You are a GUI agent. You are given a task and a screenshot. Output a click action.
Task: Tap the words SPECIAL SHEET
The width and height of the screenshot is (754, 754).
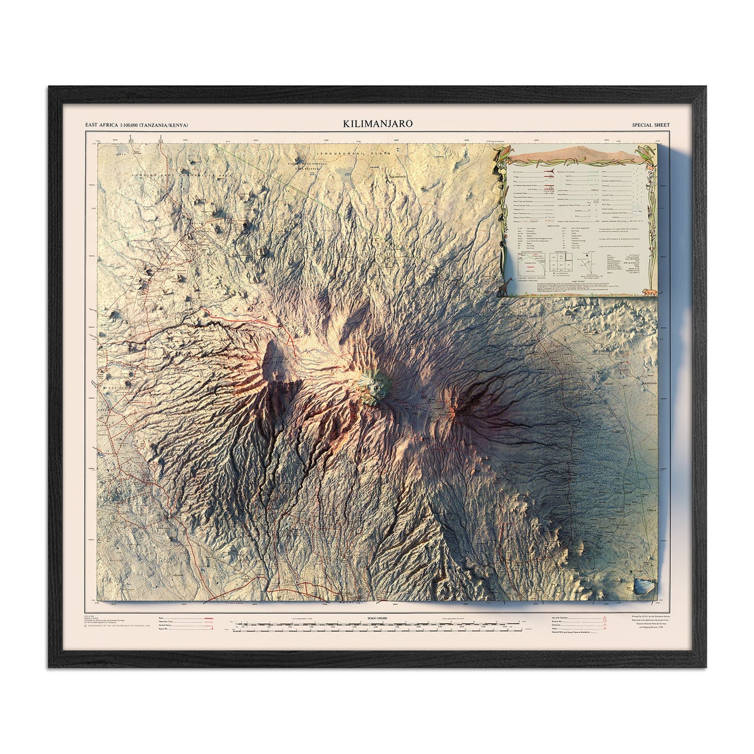650,125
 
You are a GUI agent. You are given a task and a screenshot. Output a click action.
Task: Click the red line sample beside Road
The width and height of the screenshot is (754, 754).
194,618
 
